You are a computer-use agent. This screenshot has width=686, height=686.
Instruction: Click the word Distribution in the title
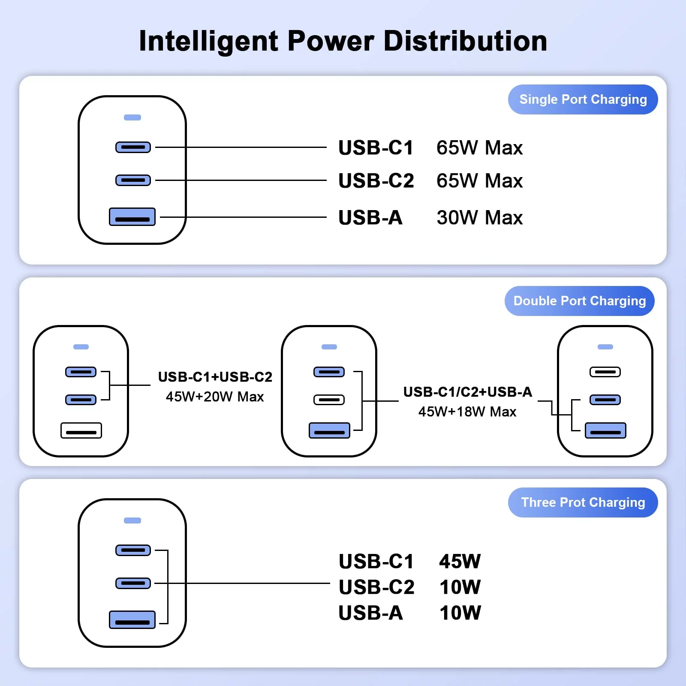[x=465, y=41]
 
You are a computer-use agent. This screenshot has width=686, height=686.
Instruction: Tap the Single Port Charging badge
[x=583, y=99]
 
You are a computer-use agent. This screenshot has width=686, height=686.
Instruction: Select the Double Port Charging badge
[x=579, y=301]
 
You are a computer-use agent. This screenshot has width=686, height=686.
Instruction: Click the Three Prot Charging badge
[x=583, y=502]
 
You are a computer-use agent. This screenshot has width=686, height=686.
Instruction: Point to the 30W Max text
[x=479, y=217]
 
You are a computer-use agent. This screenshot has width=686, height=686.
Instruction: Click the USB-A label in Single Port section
[x=370, y=217]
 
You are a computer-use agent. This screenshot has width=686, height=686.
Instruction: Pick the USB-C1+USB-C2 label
[x=215, y=377]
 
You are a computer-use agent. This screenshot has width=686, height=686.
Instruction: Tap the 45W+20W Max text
[x=215, y=397]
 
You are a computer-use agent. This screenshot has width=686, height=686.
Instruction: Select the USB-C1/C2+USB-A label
[x=467, y=392]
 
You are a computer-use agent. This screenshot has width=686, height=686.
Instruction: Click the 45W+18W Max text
[x=467, y=412]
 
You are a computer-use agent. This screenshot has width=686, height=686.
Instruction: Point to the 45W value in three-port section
[x=460, y=561]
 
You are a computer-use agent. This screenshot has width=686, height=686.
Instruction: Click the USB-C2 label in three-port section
[x=376, y=587]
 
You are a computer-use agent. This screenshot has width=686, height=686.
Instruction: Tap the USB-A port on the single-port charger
[x=132, y=217]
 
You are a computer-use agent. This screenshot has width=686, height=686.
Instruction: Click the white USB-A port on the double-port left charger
[x=81, y=430]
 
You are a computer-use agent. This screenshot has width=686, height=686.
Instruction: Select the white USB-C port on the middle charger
[x=329, y=400]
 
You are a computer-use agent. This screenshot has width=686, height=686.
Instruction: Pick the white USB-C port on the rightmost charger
[x=605, y=372]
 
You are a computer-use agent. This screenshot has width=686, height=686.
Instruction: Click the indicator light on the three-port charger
[x=132, y=521]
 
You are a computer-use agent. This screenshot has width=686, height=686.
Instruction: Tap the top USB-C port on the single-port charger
[x=133, y=147]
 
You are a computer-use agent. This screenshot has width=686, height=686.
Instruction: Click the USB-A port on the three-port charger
[x=132, y=620]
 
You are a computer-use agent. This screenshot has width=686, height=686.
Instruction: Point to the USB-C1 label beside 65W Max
[x=376, y=148]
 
